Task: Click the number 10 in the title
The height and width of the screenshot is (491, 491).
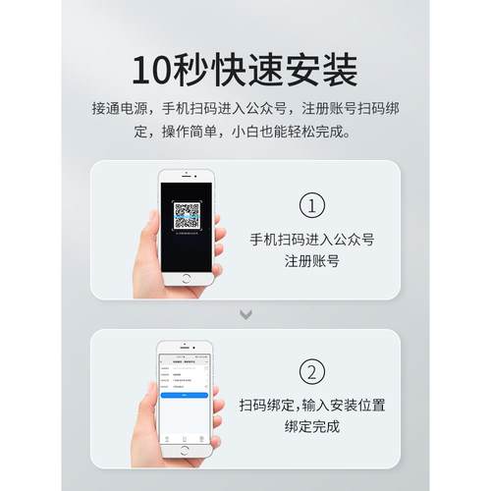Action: coord(152,70)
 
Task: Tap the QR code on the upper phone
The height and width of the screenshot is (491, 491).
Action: coord(187,215)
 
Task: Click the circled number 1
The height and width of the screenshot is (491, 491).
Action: coord(311,206)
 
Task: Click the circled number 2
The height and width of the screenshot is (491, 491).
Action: coord(311,373)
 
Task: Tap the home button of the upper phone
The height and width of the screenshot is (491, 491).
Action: coord(188,277)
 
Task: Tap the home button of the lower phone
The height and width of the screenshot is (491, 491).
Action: coord(184,448)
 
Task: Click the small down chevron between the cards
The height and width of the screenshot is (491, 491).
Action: coord(246,314)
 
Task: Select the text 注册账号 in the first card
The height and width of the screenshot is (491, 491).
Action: coord(311,261)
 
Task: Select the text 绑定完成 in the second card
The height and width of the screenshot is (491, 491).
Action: coord(311,428)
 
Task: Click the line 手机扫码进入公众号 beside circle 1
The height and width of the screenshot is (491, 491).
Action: coord(311,239)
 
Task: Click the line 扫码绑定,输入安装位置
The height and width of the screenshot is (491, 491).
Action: coord(311,406)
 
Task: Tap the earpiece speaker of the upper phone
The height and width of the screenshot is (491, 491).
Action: coord(188,178)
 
